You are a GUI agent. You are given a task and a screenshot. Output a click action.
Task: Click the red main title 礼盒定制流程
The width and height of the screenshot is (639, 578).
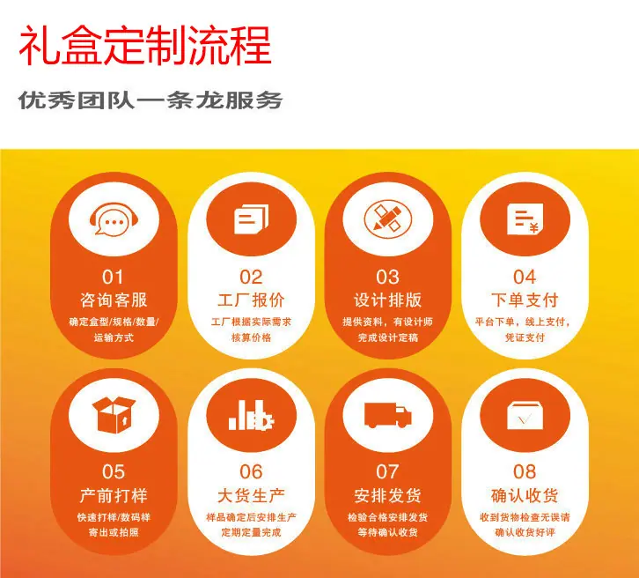tap(145, 45)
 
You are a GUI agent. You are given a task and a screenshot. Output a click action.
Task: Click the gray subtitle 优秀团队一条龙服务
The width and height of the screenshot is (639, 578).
tap(151, 100)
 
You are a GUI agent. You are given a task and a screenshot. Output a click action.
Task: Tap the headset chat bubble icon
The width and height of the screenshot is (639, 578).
tap(114, 219)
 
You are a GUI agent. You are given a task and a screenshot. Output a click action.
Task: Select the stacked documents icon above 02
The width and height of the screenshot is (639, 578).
tap(252, 219)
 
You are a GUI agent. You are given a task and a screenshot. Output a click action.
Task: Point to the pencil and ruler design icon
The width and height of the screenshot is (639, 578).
tap(387, 219)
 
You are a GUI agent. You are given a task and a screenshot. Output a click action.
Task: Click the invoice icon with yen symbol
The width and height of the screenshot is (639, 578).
tap(525, 219)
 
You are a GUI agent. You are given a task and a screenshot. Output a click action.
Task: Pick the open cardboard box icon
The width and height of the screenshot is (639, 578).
tap(114, 415)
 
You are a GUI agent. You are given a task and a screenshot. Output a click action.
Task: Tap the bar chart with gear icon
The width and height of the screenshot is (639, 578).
tap(251, 415)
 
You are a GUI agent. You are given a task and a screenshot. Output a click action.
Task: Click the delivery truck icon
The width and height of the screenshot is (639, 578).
tap(387, 415)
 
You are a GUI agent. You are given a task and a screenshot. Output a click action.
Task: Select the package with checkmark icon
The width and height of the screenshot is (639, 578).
tap(525, 416)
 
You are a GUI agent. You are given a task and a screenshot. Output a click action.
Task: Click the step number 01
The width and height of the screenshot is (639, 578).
tap(113, 278)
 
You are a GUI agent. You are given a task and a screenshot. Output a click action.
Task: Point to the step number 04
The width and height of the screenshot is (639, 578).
tap(525, 278)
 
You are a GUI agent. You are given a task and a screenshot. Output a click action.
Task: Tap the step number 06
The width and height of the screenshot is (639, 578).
tap(251, 472)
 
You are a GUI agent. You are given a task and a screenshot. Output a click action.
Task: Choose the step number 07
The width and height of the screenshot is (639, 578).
tap(387, 472)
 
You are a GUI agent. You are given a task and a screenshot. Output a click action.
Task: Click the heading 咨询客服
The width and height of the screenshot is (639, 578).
tap(114, 300)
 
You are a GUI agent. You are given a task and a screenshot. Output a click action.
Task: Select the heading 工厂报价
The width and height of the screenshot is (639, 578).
tap(251, 300)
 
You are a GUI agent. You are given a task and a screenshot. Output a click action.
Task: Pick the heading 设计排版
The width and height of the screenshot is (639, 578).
tap(387, 300)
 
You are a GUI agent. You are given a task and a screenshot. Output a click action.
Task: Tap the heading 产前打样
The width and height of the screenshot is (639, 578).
tap(114, 495)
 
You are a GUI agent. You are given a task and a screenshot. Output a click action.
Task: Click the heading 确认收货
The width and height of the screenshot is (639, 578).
tap(525, 495)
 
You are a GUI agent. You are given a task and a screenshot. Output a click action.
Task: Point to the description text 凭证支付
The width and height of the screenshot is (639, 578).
tap(525, 337)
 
